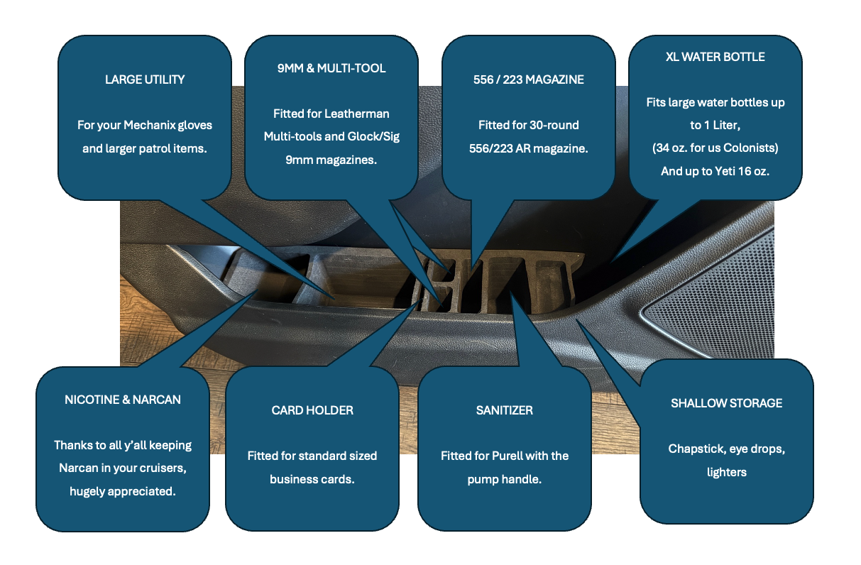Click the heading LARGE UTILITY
pyautogui.click(x=145, y=79)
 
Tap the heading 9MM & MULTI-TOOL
pyautogui.click(x=331, y=68)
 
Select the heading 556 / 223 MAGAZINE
pyautogui.click(x=529, y=79)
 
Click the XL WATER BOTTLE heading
pyautogui.click(x=715, y=57)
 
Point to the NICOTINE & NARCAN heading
pyautogui.click(x=123, y=400)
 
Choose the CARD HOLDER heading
pyautogui.click(x=312, y=410)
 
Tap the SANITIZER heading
pyautogui.click(x=505, y=410)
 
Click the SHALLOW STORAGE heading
pyautogui.click(x=726, y=403)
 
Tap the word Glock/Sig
pyautogui.click(x=374, y=136)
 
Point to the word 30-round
pyautogui.click(x=550, y=126)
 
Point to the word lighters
pyautogui.click(x=726, y=471)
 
